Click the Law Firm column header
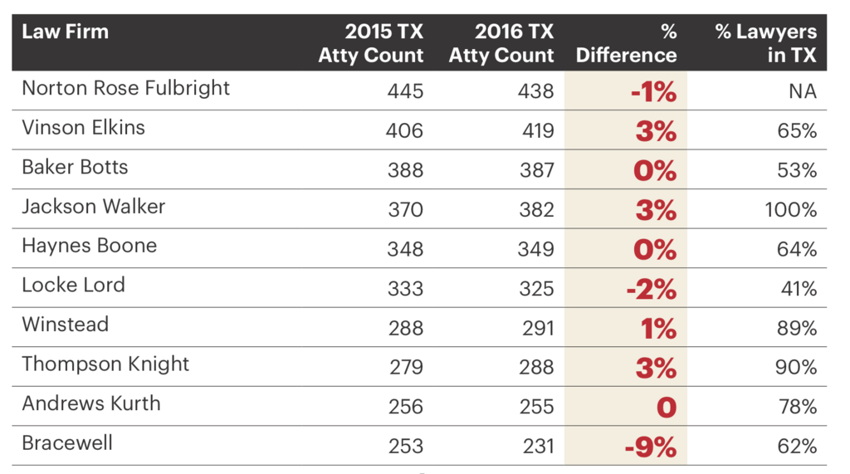click(x=65, y=33)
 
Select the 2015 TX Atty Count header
click(x=371, y=44)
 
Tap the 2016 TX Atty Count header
click(x=501, y=44)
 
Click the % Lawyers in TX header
click(x=765, y=44)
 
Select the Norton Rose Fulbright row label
click(x=125, y=89)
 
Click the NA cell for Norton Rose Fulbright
click(x=802, y=91)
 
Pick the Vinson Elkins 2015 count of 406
click(x=405, y=131)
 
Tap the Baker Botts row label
click(x=75, y=167)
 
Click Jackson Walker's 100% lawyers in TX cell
click(x=790, y=210)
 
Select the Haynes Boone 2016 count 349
click(x=535, y=249)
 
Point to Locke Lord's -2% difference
click(x=651, y=289)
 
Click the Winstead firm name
click(x=65, y=325)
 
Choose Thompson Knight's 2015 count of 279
click(x=405, y=368)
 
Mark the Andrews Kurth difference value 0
click(x=666, y=408)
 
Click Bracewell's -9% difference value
click(x=651, y=447)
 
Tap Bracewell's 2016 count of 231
click(x=535, y=447)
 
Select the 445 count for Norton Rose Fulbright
click(x=405, y=91)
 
